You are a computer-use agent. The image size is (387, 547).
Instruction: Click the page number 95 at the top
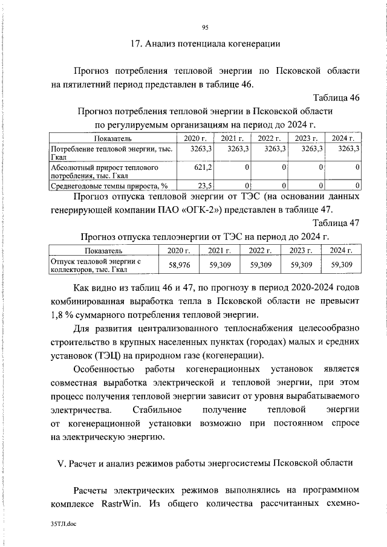tap(206, 27)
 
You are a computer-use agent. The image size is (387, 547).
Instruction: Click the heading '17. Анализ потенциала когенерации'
tap(206, 44)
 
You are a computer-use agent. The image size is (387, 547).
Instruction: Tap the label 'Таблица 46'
tap(336, 98)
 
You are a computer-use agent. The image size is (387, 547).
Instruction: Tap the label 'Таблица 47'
tap(336, 222)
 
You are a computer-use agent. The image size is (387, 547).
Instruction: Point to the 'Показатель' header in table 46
tap(111, 138)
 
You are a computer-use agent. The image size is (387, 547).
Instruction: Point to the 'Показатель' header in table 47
tap(103, 250)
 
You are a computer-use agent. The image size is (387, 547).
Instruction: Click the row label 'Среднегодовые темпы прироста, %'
tap(100, 186)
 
